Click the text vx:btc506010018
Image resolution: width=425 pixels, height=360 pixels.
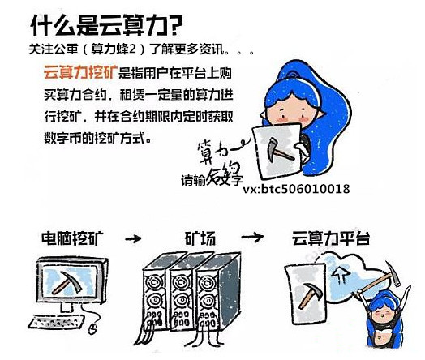tap(296, 189)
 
